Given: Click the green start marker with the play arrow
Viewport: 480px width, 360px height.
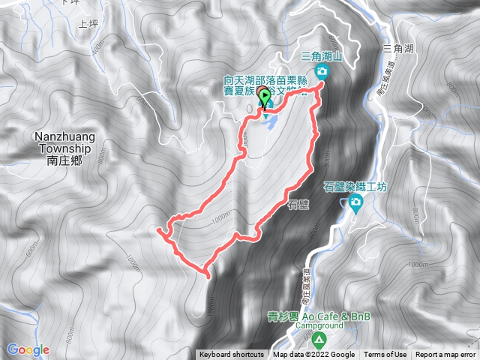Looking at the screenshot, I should pos(263,94).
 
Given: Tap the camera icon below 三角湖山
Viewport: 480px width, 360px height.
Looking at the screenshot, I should pos(322,71).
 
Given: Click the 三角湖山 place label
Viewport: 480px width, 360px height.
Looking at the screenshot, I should pos(321,56).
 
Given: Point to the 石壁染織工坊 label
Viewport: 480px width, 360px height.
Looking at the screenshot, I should pos(353,187).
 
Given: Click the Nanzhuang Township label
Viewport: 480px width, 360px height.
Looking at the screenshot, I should pos(62,142).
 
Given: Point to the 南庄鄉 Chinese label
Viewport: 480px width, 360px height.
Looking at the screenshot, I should pos(62,160).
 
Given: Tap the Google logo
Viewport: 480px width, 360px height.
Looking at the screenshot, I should pos(28,349).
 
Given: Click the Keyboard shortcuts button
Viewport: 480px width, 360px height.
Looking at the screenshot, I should pos(231,355).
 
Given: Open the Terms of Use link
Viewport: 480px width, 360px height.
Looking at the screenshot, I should pos(385,355).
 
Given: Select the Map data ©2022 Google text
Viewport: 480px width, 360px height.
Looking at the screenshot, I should pos(313,355).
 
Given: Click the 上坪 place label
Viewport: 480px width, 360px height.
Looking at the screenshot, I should pos(88,24).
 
